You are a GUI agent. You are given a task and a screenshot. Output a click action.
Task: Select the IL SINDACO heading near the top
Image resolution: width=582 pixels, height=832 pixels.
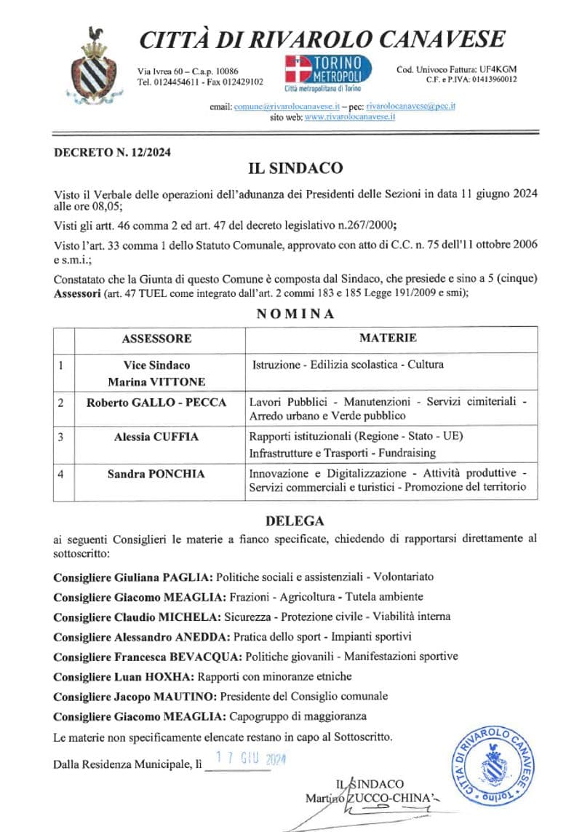coord(295,169)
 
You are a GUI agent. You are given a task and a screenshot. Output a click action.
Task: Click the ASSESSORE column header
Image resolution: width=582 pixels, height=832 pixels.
coord(156,338)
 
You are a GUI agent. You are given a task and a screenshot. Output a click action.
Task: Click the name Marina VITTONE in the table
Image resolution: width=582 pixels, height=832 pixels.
coord(156,381)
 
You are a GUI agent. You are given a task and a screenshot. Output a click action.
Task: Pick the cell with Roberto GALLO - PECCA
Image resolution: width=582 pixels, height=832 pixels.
coord(156,403)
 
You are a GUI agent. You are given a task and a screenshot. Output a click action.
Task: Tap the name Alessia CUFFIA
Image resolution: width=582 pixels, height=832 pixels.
coord(156,436)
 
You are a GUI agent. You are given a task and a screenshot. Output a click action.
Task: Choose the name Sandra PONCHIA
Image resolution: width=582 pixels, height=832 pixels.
coord(156,474)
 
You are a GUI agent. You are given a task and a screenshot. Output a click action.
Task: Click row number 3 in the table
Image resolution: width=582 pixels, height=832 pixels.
coord(61,436)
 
